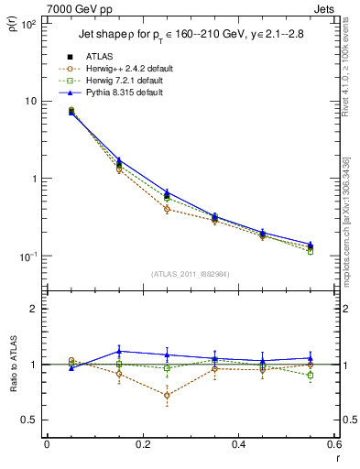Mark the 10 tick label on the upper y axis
tap(30, 101)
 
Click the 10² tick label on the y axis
tap(28, 24)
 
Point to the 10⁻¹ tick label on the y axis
tap(28, 256)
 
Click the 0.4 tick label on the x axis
tap(238, 444)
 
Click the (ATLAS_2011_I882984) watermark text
tap(190, 274)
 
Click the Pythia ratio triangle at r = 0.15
tap(118, 351)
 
